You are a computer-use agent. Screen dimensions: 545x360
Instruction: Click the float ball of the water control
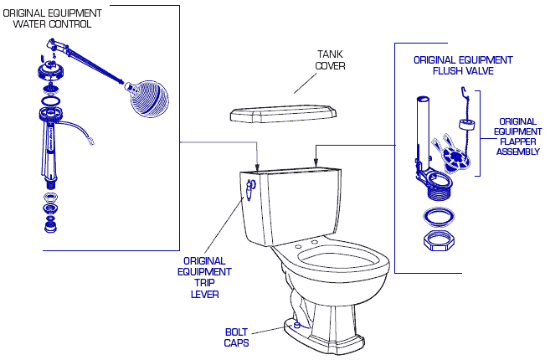click(147, 99)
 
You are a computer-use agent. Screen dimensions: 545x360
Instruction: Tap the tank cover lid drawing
click(283, 113)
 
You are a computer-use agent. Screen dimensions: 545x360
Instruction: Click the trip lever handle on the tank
click(250, 190)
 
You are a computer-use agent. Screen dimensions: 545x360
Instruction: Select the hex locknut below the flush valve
click(439, 240)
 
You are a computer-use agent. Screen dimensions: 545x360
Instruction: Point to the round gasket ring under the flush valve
click(439, 216)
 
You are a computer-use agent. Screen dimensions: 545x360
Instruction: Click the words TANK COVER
click(330, 59)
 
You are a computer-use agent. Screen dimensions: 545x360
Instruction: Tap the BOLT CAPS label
click(236, 337)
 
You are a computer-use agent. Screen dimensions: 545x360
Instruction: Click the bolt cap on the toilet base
click(297, 325)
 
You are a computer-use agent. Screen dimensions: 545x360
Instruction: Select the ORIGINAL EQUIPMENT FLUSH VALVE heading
click(463, 65)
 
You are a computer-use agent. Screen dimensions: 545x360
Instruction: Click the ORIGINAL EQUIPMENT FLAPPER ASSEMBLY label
click(517, 136)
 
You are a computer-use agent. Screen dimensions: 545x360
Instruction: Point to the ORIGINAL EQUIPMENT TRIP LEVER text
click(204, 278)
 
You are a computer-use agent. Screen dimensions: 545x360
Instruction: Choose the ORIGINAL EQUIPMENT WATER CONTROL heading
click(52, 18)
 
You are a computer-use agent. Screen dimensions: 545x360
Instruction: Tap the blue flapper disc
click(455, 158)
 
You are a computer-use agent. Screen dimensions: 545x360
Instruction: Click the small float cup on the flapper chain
click(467, 125)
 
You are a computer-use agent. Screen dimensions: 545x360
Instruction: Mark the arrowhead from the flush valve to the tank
click(316, 163)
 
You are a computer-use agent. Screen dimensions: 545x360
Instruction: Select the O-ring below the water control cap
click(50, 101)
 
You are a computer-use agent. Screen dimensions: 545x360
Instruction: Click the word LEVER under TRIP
click(205, 295)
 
